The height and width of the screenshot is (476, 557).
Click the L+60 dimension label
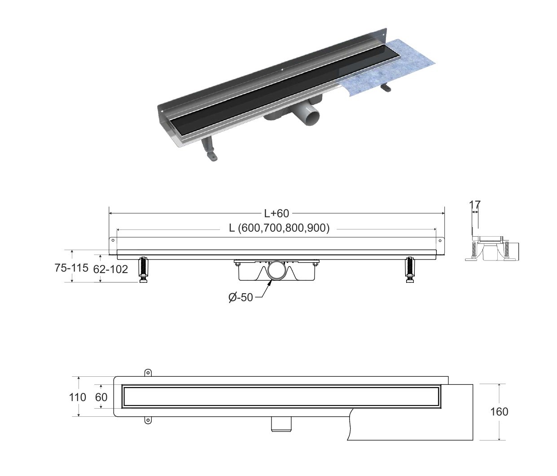pos(276,213)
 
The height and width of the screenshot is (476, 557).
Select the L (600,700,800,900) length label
pos(279,228)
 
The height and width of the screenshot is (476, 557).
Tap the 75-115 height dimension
pos(71,268)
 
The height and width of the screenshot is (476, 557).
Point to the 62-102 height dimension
pos(110,269)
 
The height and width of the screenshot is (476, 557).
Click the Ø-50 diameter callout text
pos(241,298)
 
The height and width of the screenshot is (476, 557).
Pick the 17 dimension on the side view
pos(475,205)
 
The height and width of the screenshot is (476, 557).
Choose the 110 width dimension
pos(78,397)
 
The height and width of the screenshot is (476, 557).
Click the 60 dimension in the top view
pos(101,397)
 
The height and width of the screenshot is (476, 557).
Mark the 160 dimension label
pos(499,412)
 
